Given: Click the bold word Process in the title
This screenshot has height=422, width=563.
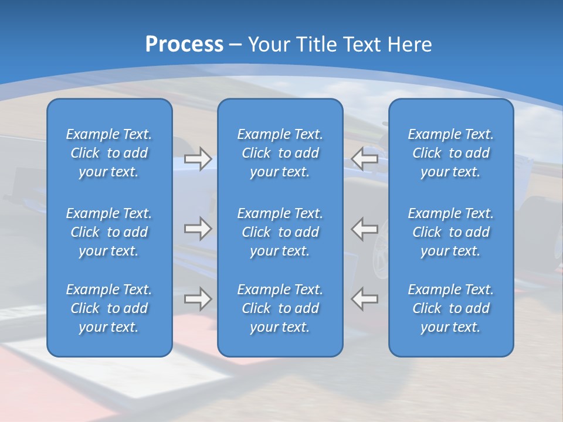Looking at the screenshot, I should (184, 45).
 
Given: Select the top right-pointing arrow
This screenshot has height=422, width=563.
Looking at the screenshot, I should (198, 158).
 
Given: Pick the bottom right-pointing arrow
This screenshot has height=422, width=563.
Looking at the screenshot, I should (198, 298).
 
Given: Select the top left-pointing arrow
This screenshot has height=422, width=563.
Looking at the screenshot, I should (365, 158).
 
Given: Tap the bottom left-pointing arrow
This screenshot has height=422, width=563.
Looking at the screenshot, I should (365, 298).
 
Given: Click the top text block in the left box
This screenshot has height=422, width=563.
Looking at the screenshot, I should (109, 153).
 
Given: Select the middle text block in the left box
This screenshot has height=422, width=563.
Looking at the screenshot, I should (109, 232).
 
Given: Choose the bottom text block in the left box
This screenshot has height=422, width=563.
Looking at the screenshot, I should (109, 308).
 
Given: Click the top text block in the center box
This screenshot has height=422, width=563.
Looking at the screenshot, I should (280, 153).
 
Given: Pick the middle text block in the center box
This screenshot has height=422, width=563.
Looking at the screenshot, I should (280, 232).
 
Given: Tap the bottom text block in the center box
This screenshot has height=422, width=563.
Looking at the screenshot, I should (280, 308).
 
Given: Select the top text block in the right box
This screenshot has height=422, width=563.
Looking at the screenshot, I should (450, 153).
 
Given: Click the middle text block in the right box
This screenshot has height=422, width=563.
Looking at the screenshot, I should (450, 232).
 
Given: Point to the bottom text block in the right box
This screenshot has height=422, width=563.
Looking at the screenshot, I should (450, 308).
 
